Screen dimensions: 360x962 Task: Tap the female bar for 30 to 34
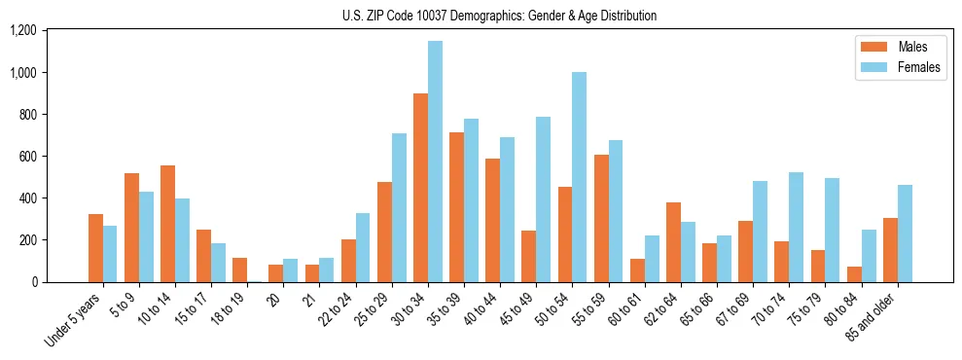pyautogui.click(x=435, y=162)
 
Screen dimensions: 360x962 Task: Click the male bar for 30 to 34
pyautogui.click(x=420, y=188)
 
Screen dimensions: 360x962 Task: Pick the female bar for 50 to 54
pyautogui.click(x=579, y=177)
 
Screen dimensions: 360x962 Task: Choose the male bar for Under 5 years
pyautogui.click(x=95, y=248)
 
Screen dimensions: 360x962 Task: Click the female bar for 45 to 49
pyautogui.click(x=543, y=199)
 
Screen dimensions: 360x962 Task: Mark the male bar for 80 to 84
pyautogui.click(x=854, y=274)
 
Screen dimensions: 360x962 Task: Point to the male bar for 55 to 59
pyautogui.click(x=601, y=218)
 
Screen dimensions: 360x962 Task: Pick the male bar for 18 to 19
pyautogui.click(x=239, y=270)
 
